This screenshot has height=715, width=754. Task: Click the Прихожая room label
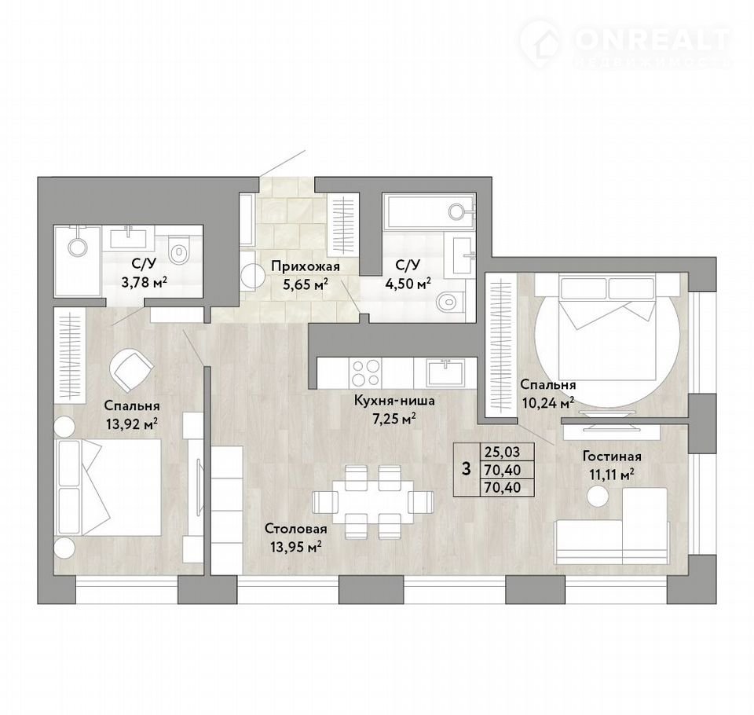point(305,266)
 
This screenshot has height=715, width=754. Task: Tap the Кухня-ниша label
point(393,401)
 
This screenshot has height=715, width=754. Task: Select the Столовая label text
point(296,530)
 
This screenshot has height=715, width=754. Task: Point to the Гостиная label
point(612,456)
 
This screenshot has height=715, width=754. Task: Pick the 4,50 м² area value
point(408,284)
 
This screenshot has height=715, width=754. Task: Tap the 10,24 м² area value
point(547,403)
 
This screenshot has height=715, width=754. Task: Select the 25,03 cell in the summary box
point(503,451)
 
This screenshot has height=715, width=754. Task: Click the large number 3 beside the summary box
point(466,468)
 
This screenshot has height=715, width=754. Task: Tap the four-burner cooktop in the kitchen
point(366,372)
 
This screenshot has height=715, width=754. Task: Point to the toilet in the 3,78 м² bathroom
point(179,250)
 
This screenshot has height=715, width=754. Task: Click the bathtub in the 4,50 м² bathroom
point(429,211)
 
